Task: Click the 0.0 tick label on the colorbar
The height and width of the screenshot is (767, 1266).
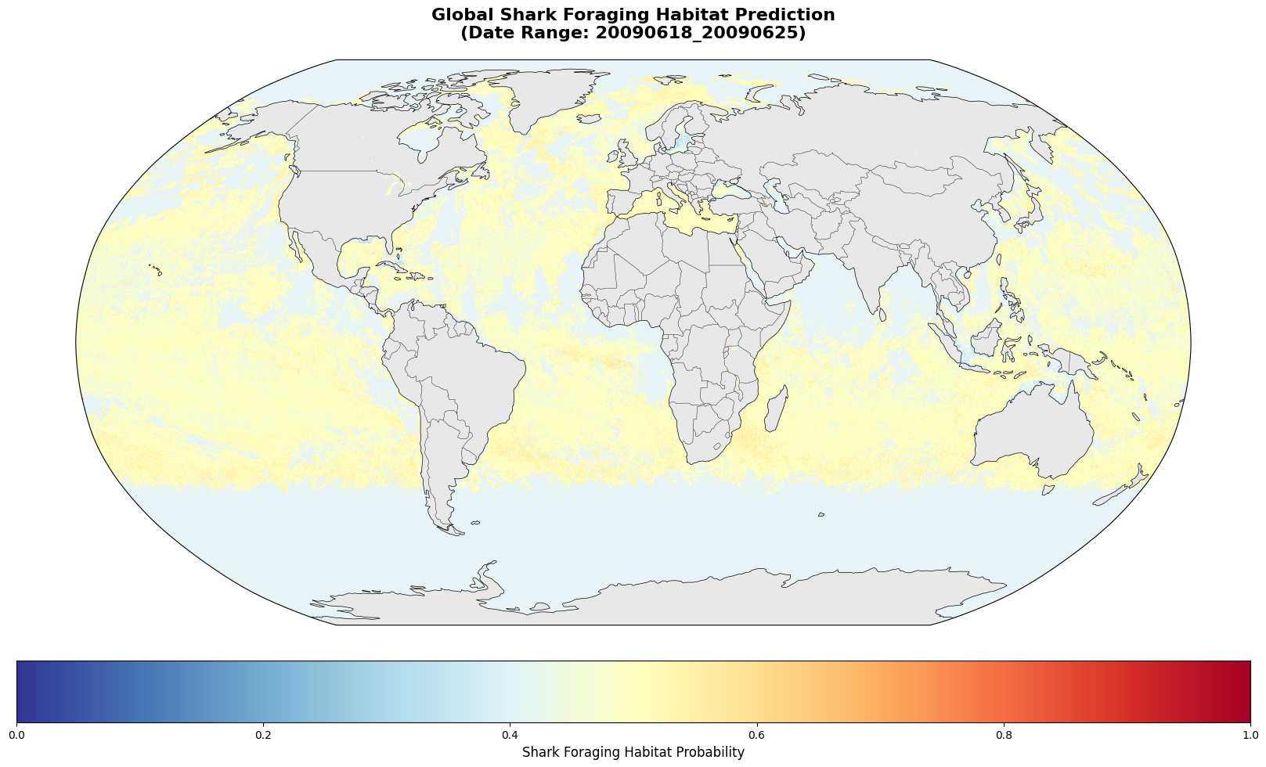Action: [x=16, y=735]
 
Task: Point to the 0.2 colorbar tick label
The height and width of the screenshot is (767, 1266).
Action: [x=263, y=735]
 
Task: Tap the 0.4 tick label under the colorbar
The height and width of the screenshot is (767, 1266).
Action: [x=510, y=735]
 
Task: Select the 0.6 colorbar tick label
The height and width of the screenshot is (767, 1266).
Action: [x=756, y=735]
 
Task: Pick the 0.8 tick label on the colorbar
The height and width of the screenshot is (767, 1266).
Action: [x=1003, y=735]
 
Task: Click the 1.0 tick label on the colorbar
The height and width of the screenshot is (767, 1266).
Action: [x=1250, y=735]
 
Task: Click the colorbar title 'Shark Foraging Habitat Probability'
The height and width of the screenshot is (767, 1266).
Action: [x=633, y=752]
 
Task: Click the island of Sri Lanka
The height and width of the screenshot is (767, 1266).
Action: [x=882, y=315]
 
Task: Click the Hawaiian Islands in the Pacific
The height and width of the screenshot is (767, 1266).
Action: [x=155, y=270]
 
